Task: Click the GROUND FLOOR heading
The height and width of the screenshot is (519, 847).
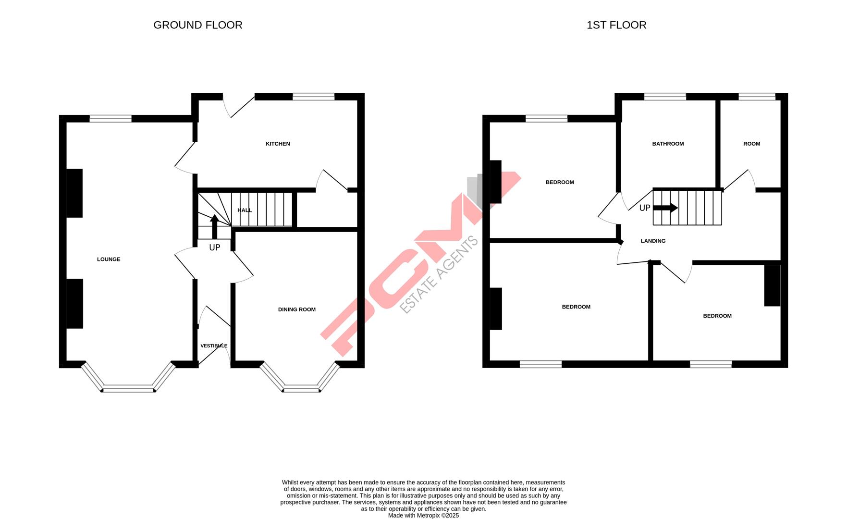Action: pyautogui.click(x=197, y=25)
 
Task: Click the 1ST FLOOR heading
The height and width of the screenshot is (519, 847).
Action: pyautogui.click(x=616, y=25)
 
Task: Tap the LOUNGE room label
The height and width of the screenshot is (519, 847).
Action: pyautogui.click(x=109, y=259)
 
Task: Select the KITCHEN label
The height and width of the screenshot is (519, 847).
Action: pyautogui.click(x=278, y=144)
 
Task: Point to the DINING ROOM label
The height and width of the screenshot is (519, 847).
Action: pyautogui.click(x=297, y=309)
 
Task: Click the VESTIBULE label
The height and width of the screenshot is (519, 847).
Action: pyautogui.click(x=214, y=346)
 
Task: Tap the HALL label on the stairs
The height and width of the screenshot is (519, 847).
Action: pyautogui.click(x=245, y=210)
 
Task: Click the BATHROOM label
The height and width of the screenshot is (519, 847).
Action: pyautogui.click(x=668, y=144)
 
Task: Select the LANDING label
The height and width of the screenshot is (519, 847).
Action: pyautogui.click(x=653, y=241)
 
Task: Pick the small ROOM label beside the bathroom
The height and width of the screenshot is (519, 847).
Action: pyautogui.click(x=751, y=144)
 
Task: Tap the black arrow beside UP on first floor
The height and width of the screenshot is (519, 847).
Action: pyautogui.click(x=665, y=208)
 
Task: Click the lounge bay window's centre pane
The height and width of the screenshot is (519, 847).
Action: pyautogui.click(x=128, y=388)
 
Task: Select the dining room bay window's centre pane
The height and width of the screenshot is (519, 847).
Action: pyautogui.click(x=301, y=388)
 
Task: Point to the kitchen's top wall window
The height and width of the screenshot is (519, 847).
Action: pyautogui.click(x=313, y=97)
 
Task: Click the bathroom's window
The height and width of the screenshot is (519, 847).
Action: pyautogui.click(x=665, y=97)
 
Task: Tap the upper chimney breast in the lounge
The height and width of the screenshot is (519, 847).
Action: pyautogui.click(x=74, y=193)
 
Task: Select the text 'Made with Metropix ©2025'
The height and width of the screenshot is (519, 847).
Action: pyautogui.click(x=423, y=516)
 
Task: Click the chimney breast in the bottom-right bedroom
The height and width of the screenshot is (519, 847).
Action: pyautogui.click(x=772, y=285)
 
